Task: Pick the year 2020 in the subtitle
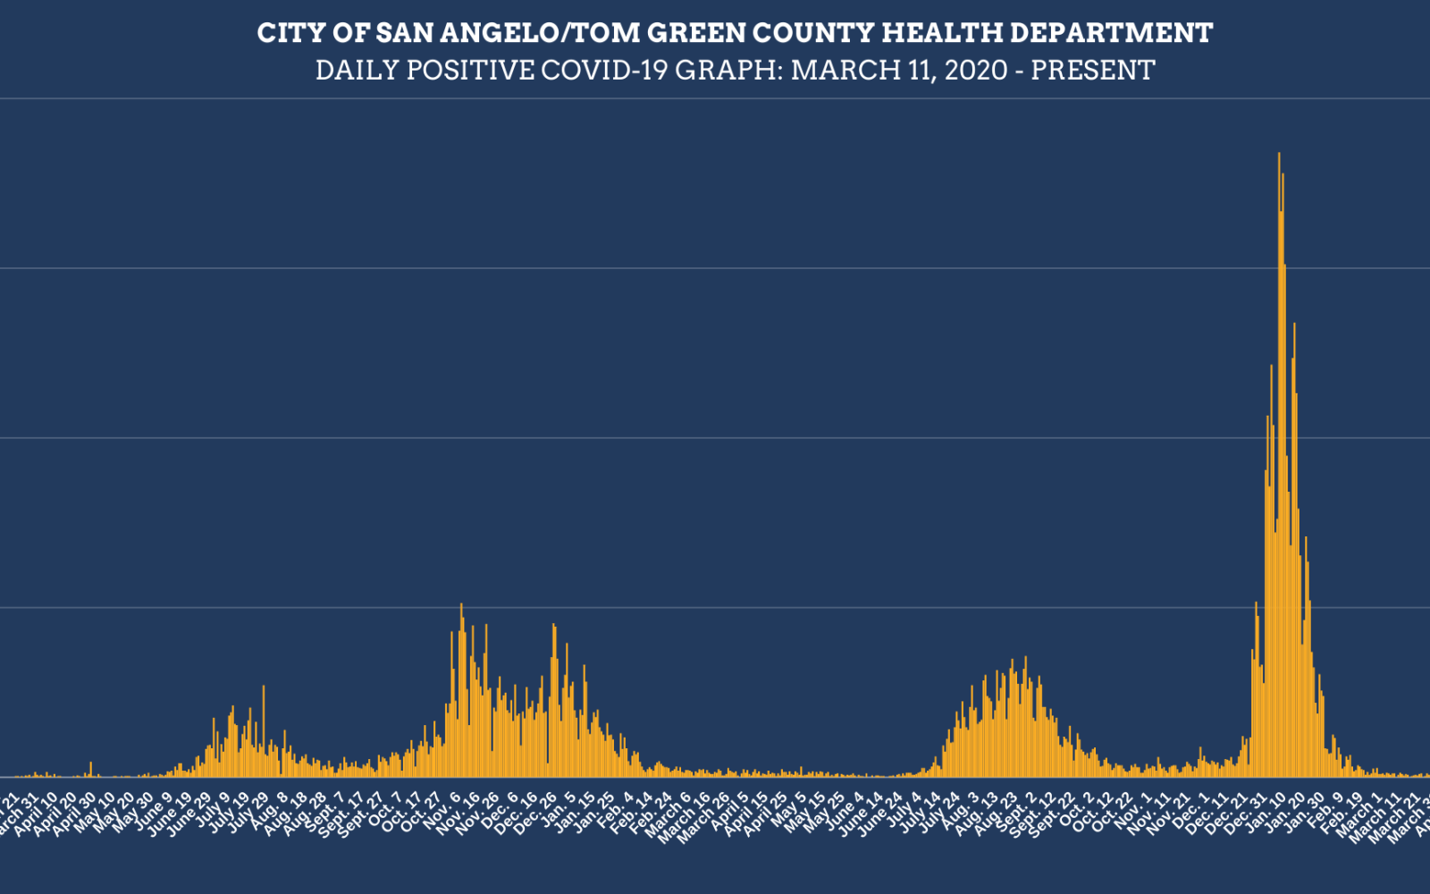[x=976, y=71]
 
